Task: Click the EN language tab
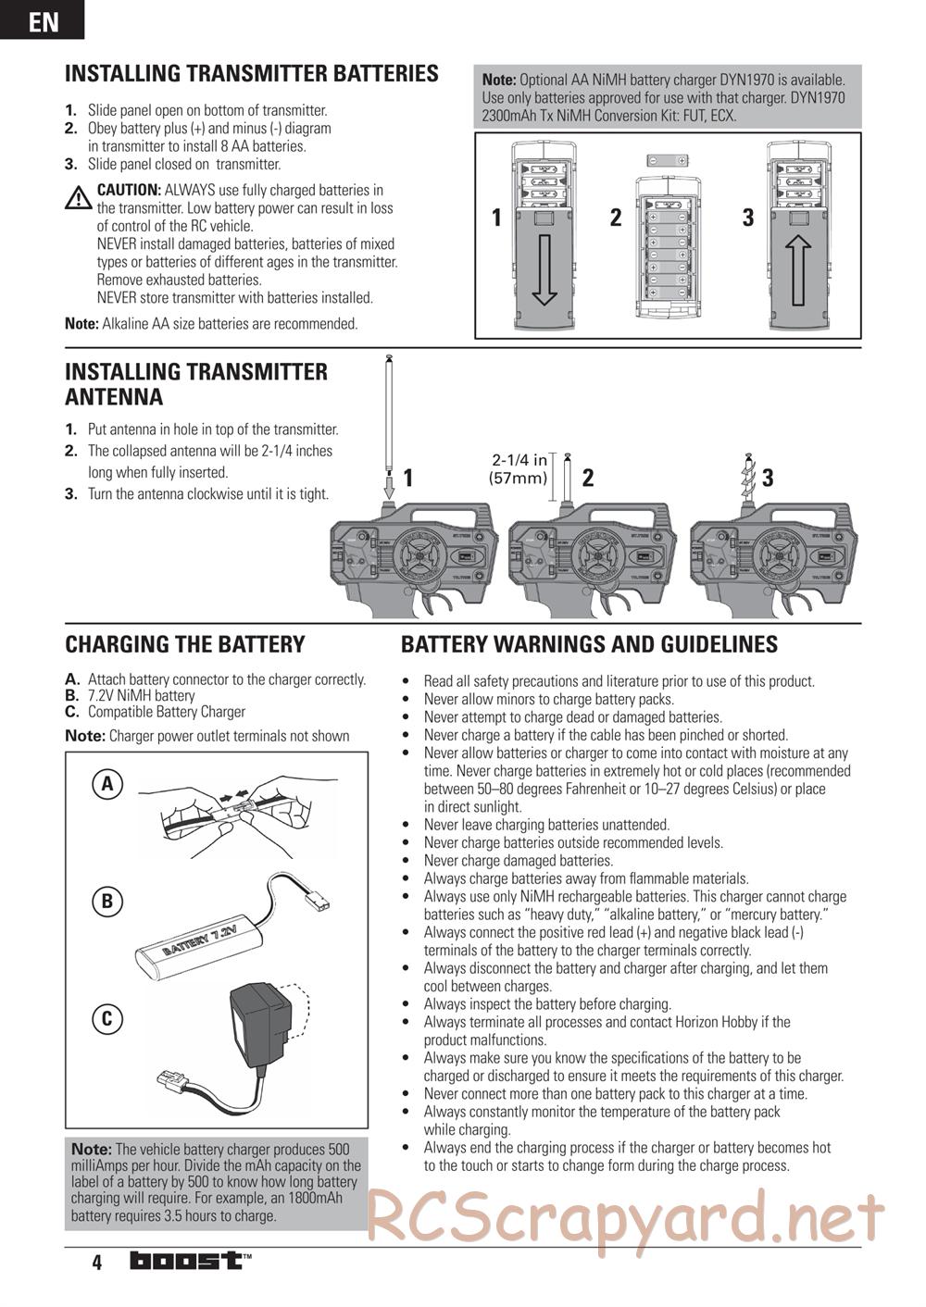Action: pyautogui.click(x=43, y=20)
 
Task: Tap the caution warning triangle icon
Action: pyautogui.click(x=79, y=197)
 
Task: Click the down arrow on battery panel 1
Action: pyautogui.click(x=544, y=269)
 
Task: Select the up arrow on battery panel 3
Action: pyautogui.click(x=799, y=269)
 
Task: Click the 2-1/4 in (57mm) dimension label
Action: pyautogui.click(x=519, y=469)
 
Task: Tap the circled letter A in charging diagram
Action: pyautogui.click(x=107, y=785)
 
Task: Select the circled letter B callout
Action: pyautogui.click(x=107, y=901)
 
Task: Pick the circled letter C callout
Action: pyautogui.click(x=107, y=1019)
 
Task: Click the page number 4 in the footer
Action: pyautogui.click(x=96, y=1263)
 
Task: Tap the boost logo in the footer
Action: pyautogui.click(x=188, y=1261)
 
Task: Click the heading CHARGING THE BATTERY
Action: pyautogui.click(x=184, y=644)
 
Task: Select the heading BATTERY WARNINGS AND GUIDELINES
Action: pyautogui.click(x=589, y=644)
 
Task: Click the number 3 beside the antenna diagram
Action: pyautogui.click(x=768, y=478)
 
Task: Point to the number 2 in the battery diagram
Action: pyautogui.click(x=616, y=218)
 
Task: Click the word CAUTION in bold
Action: pyautogui.click(x=129, y=190)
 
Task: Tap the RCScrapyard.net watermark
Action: pyautogui.click(x=626, y=1217)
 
